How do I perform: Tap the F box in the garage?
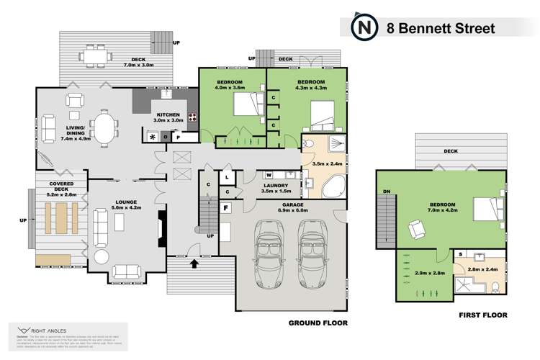(226, 209)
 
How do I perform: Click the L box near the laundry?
(227, 176)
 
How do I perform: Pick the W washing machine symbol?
(268, 174)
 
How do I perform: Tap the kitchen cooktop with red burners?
(193, 117)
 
